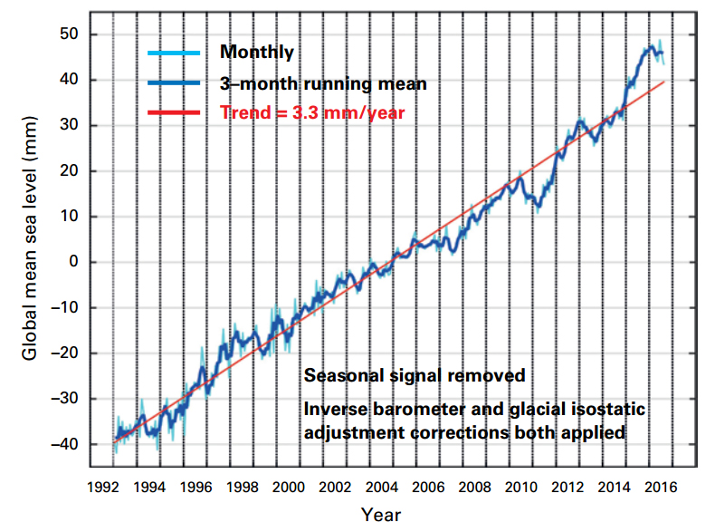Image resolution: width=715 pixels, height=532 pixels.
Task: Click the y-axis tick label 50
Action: pos(71,34)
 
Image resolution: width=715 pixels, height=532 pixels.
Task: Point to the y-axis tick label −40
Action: pos(67,444)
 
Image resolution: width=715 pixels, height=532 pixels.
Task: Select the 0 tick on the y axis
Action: pos(76,262)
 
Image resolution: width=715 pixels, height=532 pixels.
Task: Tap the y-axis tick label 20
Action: pos(71,171)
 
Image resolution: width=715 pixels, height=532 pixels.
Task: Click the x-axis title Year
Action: pos(381,515)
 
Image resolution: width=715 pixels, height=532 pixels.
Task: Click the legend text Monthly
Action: pos(258,53)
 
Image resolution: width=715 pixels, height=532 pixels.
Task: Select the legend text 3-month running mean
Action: pos(323,83)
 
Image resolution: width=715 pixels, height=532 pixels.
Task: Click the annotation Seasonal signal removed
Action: pos(414,375)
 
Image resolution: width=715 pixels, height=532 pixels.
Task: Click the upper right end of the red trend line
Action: pos(665,82)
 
